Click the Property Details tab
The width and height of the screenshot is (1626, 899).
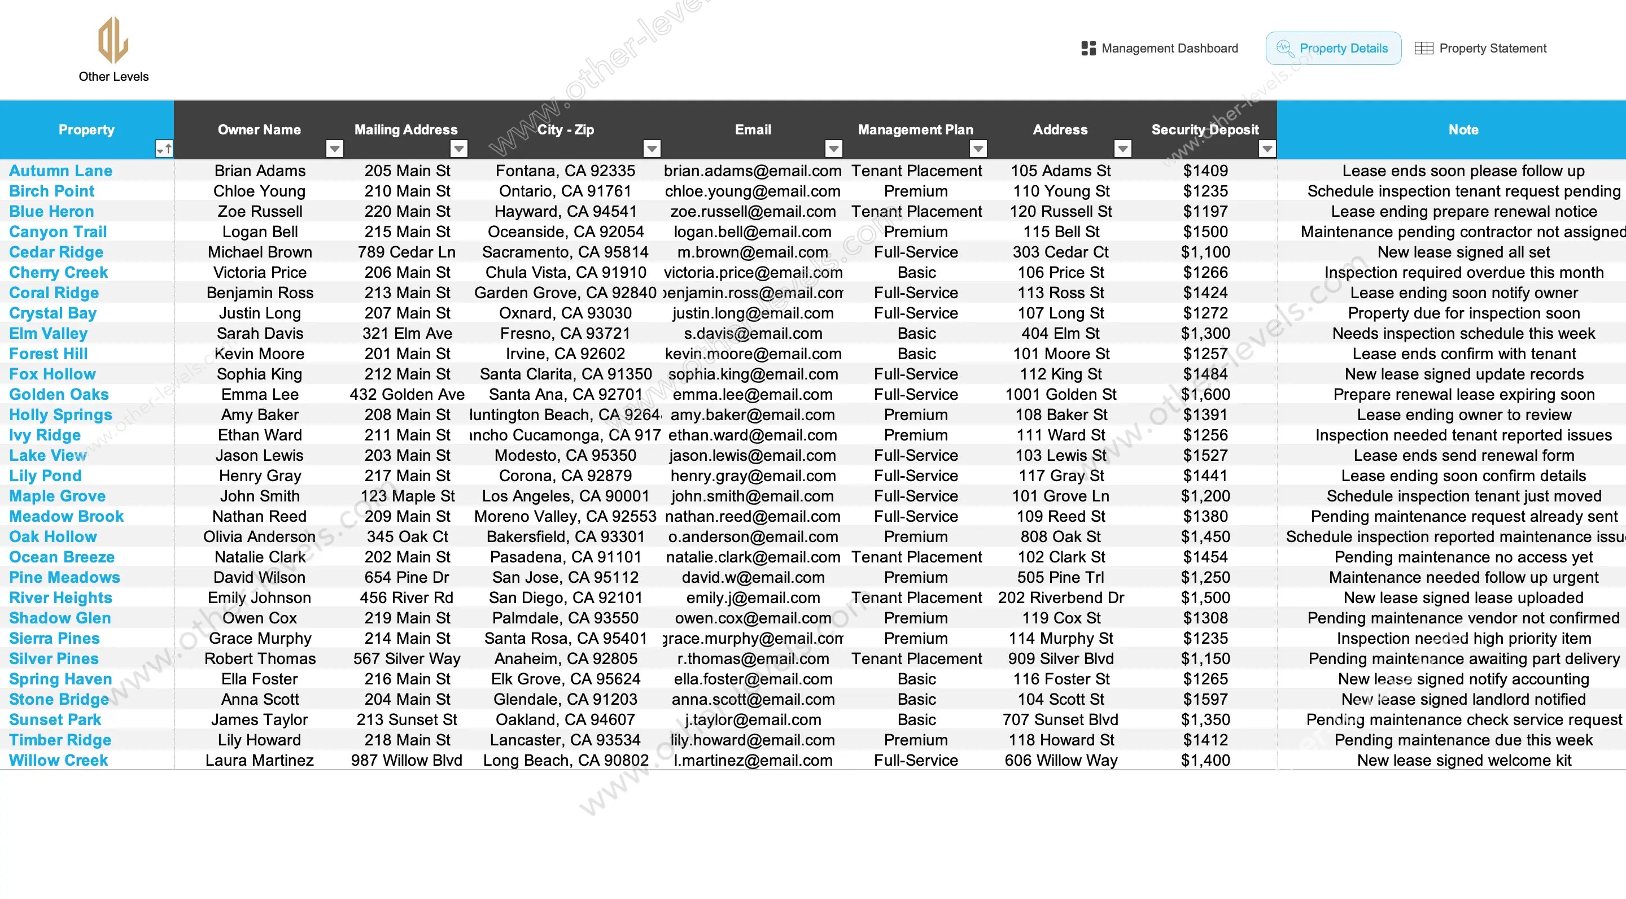coord(1333,49)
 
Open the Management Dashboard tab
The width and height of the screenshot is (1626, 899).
coord(1160,49)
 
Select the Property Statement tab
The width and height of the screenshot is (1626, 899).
coord(1481,49)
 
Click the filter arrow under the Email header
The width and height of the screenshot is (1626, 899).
coord(834,149)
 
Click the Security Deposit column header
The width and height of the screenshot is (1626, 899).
coord(1204,130)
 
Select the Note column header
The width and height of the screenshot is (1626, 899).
coord(1463,130)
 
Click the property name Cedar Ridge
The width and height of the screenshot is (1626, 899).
coord(56,252)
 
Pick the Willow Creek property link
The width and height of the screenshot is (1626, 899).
coord(59,761)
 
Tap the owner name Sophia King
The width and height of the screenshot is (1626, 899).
coord(260,374)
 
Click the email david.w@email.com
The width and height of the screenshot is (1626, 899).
coord(753,578)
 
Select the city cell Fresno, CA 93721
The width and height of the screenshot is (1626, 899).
coord(565,334)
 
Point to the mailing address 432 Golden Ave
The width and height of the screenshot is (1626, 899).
coord(407,395)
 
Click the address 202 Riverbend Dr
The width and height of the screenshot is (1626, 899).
coord(1060,598)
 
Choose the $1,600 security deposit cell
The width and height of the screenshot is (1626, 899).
coord(1205,395)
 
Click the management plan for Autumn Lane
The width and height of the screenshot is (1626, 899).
coord(916,171)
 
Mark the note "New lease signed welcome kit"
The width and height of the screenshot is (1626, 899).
coord(1464,761)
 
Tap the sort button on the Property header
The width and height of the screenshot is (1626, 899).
coord(164,149)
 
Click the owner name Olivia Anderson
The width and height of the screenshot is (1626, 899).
coord(260,537)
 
